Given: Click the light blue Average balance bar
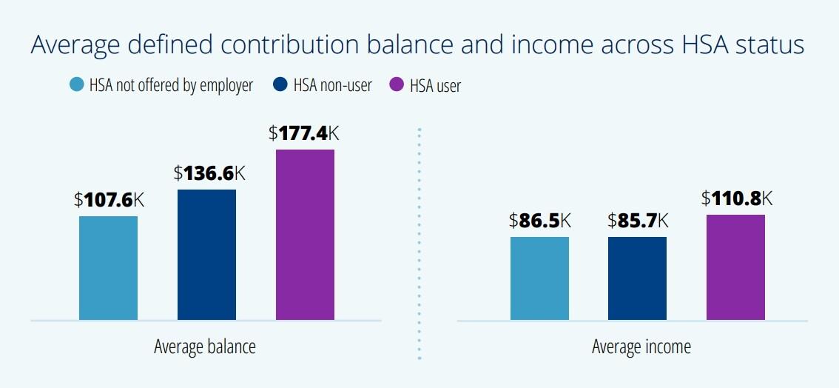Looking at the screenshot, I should (108, 268).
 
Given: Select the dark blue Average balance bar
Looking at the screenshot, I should (206, 255).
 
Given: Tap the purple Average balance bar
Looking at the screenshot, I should (305, 235).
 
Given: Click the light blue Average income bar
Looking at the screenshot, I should (539, 278).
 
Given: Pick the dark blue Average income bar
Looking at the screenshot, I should (637, 278).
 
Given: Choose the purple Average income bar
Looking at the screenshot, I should (735, 267).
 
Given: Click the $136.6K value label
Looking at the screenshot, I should (209, 174).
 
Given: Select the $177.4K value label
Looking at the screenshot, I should (304, 133).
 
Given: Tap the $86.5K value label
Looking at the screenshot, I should (539, 221).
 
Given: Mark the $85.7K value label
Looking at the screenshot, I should (638, 221).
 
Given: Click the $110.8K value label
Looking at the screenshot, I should (737, 198).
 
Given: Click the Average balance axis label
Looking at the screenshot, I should (205, 347).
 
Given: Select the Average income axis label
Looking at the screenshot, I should (641, 347).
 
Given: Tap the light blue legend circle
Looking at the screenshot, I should (77, 85).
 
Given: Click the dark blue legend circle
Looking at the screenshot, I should (280, 85).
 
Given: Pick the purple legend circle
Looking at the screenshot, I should (397, 85).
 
